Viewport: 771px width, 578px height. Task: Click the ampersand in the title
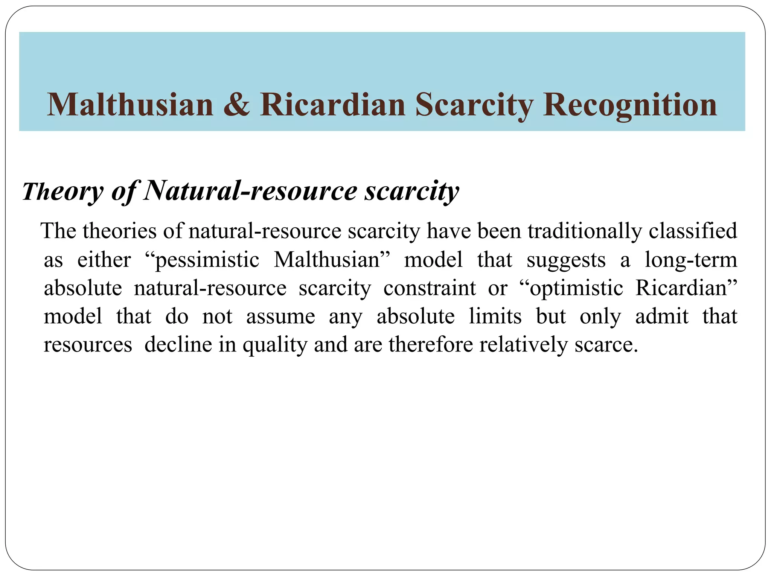236,105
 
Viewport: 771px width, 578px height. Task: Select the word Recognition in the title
630,105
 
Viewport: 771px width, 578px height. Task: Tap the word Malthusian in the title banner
130,105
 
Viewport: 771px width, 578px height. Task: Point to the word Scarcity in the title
474,105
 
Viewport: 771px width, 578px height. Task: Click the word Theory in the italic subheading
62,191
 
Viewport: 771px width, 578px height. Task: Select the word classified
693,231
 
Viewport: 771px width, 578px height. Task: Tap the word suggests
566,260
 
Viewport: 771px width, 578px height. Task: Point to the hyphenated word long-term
691,260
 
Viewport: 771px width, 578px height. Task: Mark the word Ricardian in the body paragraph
683,288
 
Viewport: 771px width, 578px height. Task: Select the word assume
280,316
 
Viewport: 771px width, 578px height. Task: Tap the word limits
495,316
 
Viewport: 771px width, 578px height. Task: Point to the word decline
178,345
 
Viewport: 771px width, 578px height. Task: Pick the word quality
275,345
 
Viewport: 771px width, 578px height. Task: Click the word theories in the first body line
119,231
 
